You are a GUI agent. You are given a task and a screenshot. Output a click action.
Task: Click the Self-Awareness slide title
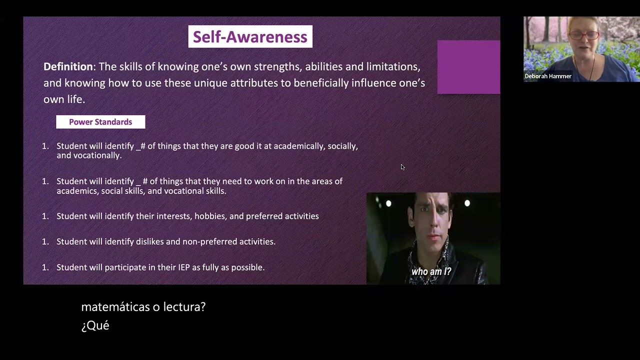click(x=250, y=37)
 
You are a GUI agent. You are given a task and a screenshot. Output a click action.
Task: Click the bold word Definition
click(x=68, y=66)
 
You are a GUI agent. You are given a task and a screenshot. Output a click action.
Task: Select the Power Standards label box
click(x=100, y=122)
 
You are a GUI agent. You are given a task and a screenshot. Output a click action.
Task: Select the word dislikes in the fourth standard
click(x=149, y=241)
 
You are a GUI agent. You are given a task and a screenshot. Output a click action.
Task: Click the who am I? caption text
click(x=431, y=272)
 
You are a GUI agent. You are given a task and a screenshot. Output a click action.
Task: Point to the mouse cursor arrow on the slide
click(x=402, y=167)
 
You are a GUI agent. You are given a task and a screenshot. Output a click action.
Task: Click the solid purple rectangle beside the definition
click(x=468, y=67)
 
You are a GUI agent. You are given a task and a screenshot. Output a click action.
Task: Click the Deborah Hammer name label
click(x=548, y=76)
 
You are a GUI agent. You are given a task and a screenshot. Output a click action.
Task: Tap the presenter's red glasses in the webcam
click(x=584, y=35)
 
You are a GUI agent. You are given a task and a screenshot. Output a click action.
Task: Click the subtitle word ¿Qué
click(x=95, y=325)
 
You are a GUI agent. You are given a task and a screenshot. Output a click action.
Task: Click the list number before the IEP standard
click(x=45, y=267)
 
